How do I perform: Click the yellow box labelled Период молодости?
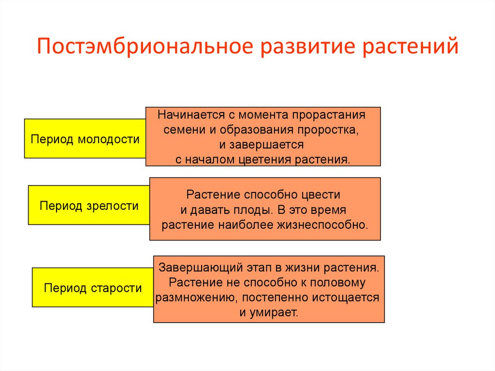[x=85, y=139]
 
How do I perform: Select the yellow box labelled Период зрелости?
[x=89, y=206]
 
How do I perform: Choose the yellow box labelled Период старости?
[x=93, y=288]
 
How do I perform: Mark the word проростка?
[x=328, y=130]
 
